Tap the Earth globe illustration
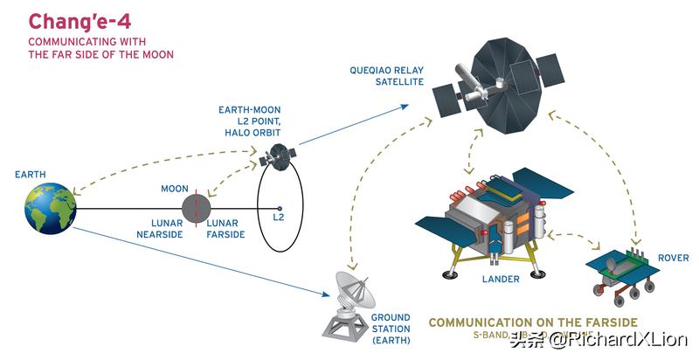(x=50, y=208)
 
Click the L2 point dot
(x=279, y=209)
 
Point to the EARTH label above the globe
(x=31, y=175)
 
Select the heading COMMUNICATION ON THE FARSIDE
(x=533, y=322)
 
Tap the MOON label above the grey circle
(x=175, y=189)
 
